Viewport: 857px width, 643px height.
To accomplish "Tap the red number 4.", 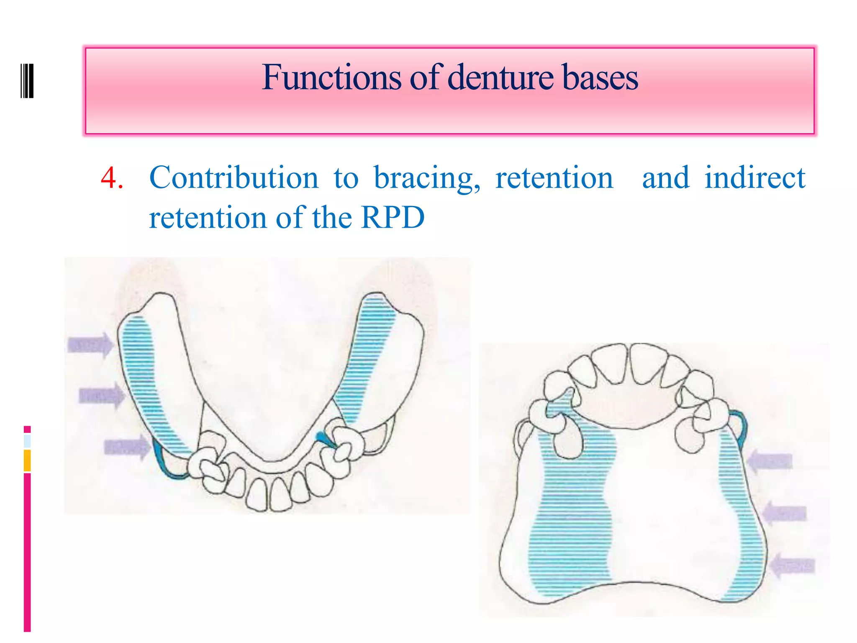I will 110,178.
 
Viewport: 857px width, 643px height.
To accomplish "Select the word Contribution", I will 233,178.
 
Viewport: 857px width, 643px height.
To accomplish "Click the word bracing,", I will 427,178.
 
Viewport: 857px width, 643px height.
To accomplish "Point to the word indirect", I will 754,178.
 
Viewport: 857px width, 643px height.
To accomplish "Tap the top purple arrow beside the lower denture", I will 90,345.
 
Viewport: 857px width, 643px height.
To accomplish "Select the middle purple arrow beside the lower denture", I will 101,395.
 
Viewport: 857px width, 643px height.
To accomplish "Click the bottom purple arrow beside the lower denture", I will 127,447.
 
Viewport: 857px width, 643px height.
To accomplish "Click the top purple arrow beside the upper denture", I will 770,461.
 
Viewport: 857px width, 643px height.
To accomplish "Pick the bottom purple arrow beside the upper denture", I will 792,566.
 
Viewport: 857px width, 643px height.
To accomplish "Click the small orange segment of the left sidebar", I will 27,460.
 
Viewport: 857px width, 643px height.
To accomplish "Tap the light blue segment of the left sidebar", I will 27,441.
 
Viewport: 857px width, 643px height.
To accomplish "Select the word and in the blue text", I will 665,178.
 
